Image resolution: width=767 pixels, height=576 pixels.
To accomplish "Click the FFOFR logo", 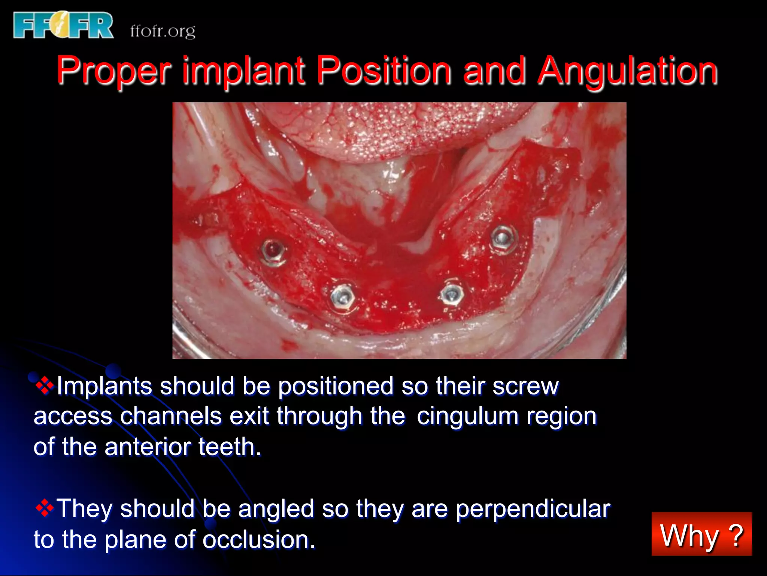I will click(x=63, y=25).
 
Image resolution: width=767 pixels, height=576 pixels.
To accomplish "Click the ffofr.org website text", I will click(x=163, y=31).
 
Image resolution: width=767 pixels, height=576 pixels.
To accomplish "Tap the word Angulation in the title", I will click(x=627, y=70).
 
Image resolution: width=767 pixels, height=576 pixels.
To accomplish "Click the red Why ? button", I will click(x=701, y=534).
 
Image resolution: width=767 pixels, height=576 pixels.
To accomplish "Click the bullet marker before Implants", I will click(x=45, y=385).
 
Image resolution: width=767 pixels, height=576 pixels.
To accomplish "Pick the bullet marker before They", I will click(x=45, y=508).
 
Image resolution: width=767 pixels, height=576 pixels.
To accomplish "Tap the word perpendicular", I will click(x=533, y=509).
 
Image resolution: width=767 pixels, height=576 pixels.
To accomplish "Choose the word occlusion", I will click(x=258, y=540).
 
